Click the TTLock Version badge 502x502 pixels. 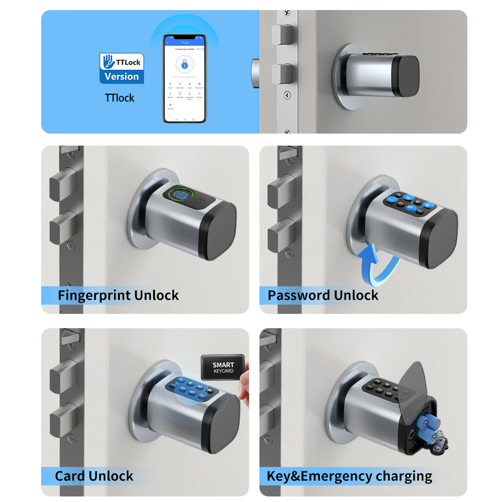(x=121, y=68)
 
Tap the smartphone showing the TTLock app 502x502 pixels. (x=184, y=78)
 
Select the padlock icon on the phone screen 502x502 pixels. (x=184, y=65)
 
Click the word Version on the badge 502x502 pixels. (x=121, y=77)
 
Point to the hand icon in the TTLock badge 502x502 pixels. (x=108, y=61)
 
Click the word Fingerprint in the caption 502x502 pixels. (x=89, y=295)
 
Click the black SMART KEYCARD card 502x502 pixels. (x=223, y=368)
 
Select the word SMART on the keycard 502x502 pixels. (x=223, y=365)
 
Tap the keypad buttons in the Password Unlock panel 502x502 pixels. (x=409, y=203)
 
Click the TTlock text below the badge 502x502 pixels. (x=119, y=98)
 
